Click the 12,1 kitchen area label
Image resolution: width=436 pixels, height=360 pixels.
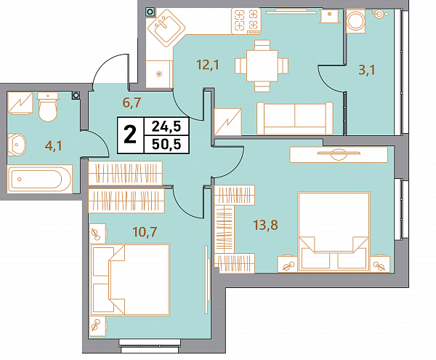(208, 65)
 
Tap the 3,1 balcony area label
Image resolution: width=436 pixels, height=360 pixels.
(367, 70)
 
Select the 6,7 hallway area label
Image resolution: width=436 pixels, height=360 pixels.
(132, 103)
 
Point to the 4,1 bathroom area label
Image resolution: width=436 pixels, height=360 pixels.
(54, 145)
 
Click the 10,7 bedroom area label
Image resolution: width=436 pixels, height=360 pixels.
(145, 231)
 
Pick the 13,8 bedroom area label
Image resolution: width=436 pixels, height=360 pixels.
(265, 225)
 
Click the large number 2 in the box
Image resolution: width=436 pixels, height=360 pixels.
(130, 135)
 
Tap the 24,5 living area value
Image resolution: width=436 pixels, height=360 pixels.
(166, 127)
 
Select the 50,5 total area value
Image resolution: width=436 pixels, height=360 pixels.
(166, 144)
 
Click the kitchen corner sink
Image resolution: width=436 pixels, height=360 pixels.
(166, 28)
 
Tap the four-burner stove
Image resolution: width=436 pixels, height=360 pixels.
(246, 21)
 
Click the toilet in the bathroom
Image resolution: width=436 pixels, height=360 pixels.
(48, 107)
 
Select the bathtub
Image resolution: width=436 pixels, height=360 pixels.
(40, 179)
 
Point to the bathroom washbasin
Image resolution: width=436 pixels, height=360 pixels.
(17, 145)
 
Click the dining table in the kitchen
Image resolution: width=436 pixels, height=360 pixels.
(262, 66)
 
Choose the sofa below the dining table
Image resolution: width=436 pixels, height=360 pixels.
(295, 119)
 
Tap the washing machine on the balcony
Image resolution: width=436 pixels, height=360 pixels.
(355, 21)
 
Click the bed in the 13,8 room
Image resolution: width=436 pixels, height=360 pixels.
(334, 231)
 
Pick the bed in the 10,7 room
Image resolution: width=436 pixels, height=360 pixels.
(130, 279)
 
